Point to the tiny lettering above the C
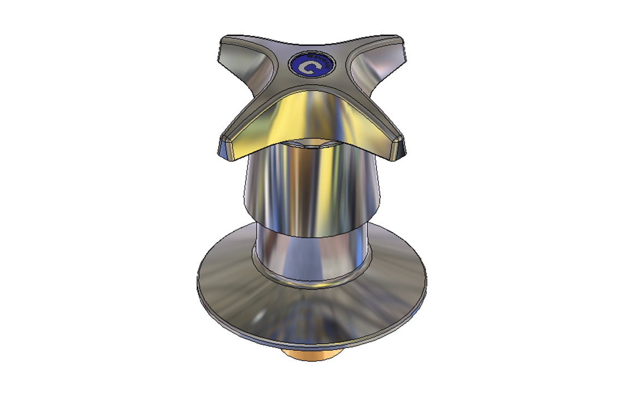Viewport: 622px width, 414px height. click(x=319, y=58)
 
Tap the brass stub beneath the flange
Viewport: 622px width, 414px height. click(x=312, y=357)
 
